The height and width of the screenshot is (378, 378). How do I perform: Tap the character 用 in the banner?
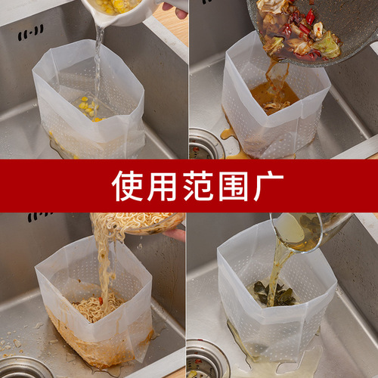point(158,186)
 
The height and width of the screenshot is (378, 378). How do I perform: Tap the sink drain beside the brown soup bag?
point(206,144)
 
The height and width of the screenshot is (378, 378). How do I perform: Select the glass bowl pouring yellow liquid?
point(310,227)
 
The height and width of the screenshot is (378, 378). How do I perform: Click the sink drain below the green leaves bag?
point(206,361)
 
